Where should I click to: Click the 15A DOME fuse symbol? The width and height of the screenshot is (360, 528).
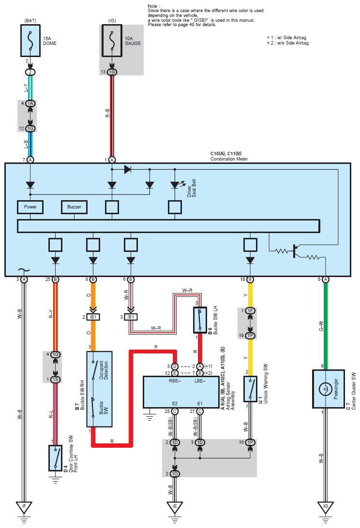pos(30,41)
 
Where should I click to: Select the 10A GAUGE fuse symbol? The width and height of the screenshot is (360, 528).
pos(112,41)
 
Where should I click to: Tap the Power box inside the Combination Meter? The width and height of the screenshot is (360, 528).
pos(30,207)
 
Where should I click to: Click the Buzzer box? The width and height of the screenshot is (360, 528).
pos(74,207)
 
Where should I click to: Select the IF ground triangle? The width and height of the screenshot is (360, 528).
pos(24,506)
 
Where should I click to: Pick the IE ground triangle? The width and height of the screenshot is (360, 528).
pos(175,506)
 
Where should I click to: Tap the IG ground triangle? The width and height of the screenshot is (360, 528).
pos(325,506)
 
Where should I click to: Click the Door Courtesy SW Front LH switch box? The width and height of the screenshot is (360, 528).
pos(55,458)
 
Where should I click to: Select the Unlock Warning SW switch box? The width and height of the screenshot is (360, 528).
pos(250,389)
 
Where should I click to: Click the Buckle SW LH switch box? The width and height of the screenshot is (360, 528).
pos(200,320)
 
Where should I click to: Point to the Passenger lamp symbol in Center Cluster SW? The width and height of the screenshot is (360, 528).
pos(325,389)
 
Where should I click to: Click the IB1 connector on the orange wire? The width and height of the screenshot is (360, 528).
pos(93,317)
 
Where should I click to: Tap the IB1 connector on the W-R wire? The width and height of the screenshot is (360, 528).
pos(131,317)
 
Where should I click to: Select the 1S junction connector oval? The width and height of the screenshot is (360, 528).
pos(56,380)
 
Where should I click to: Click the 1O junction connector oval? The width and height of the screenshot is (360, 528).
pos(175,474)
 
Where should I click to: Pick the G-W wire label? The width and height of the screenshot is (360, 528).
pos(321,326)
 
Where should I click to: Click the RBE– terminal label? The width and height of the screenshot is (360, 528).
pos(175,381)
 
